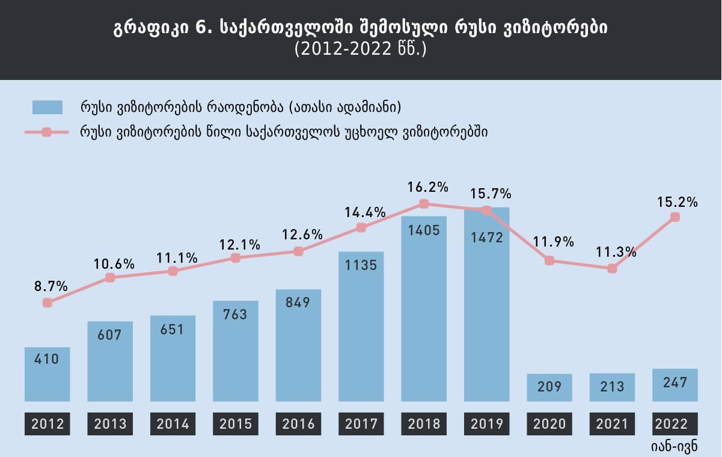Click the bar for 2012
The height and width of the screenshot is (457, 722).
point(47,374)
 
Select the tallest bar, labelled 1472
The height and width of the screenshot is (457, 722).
point(487,304)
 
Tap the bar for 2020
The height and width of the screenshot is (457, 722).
point(549,387)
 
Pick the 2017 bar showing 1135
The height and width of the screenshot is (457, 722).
point(361,326)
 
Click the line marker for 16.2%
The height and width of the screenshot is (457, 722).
point(424,204)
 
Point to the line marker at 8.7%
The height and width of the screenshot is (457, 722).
point(47,302)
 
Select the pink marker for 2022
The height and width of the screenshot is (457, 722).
point(675,217)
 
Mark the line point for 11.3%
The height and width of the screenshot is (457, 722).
point(612,268)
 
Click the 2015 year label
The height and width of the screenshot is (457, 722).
point(236,424)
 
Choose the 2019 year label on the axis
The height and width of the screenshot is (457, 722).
point(487,424)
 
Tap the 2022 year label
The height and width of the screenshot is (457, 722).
point(675,424)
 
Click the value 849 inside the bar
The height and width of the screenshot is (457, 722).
point(299,302)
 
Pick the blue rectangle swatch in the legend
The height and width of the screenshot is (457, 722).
point(47,108)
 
